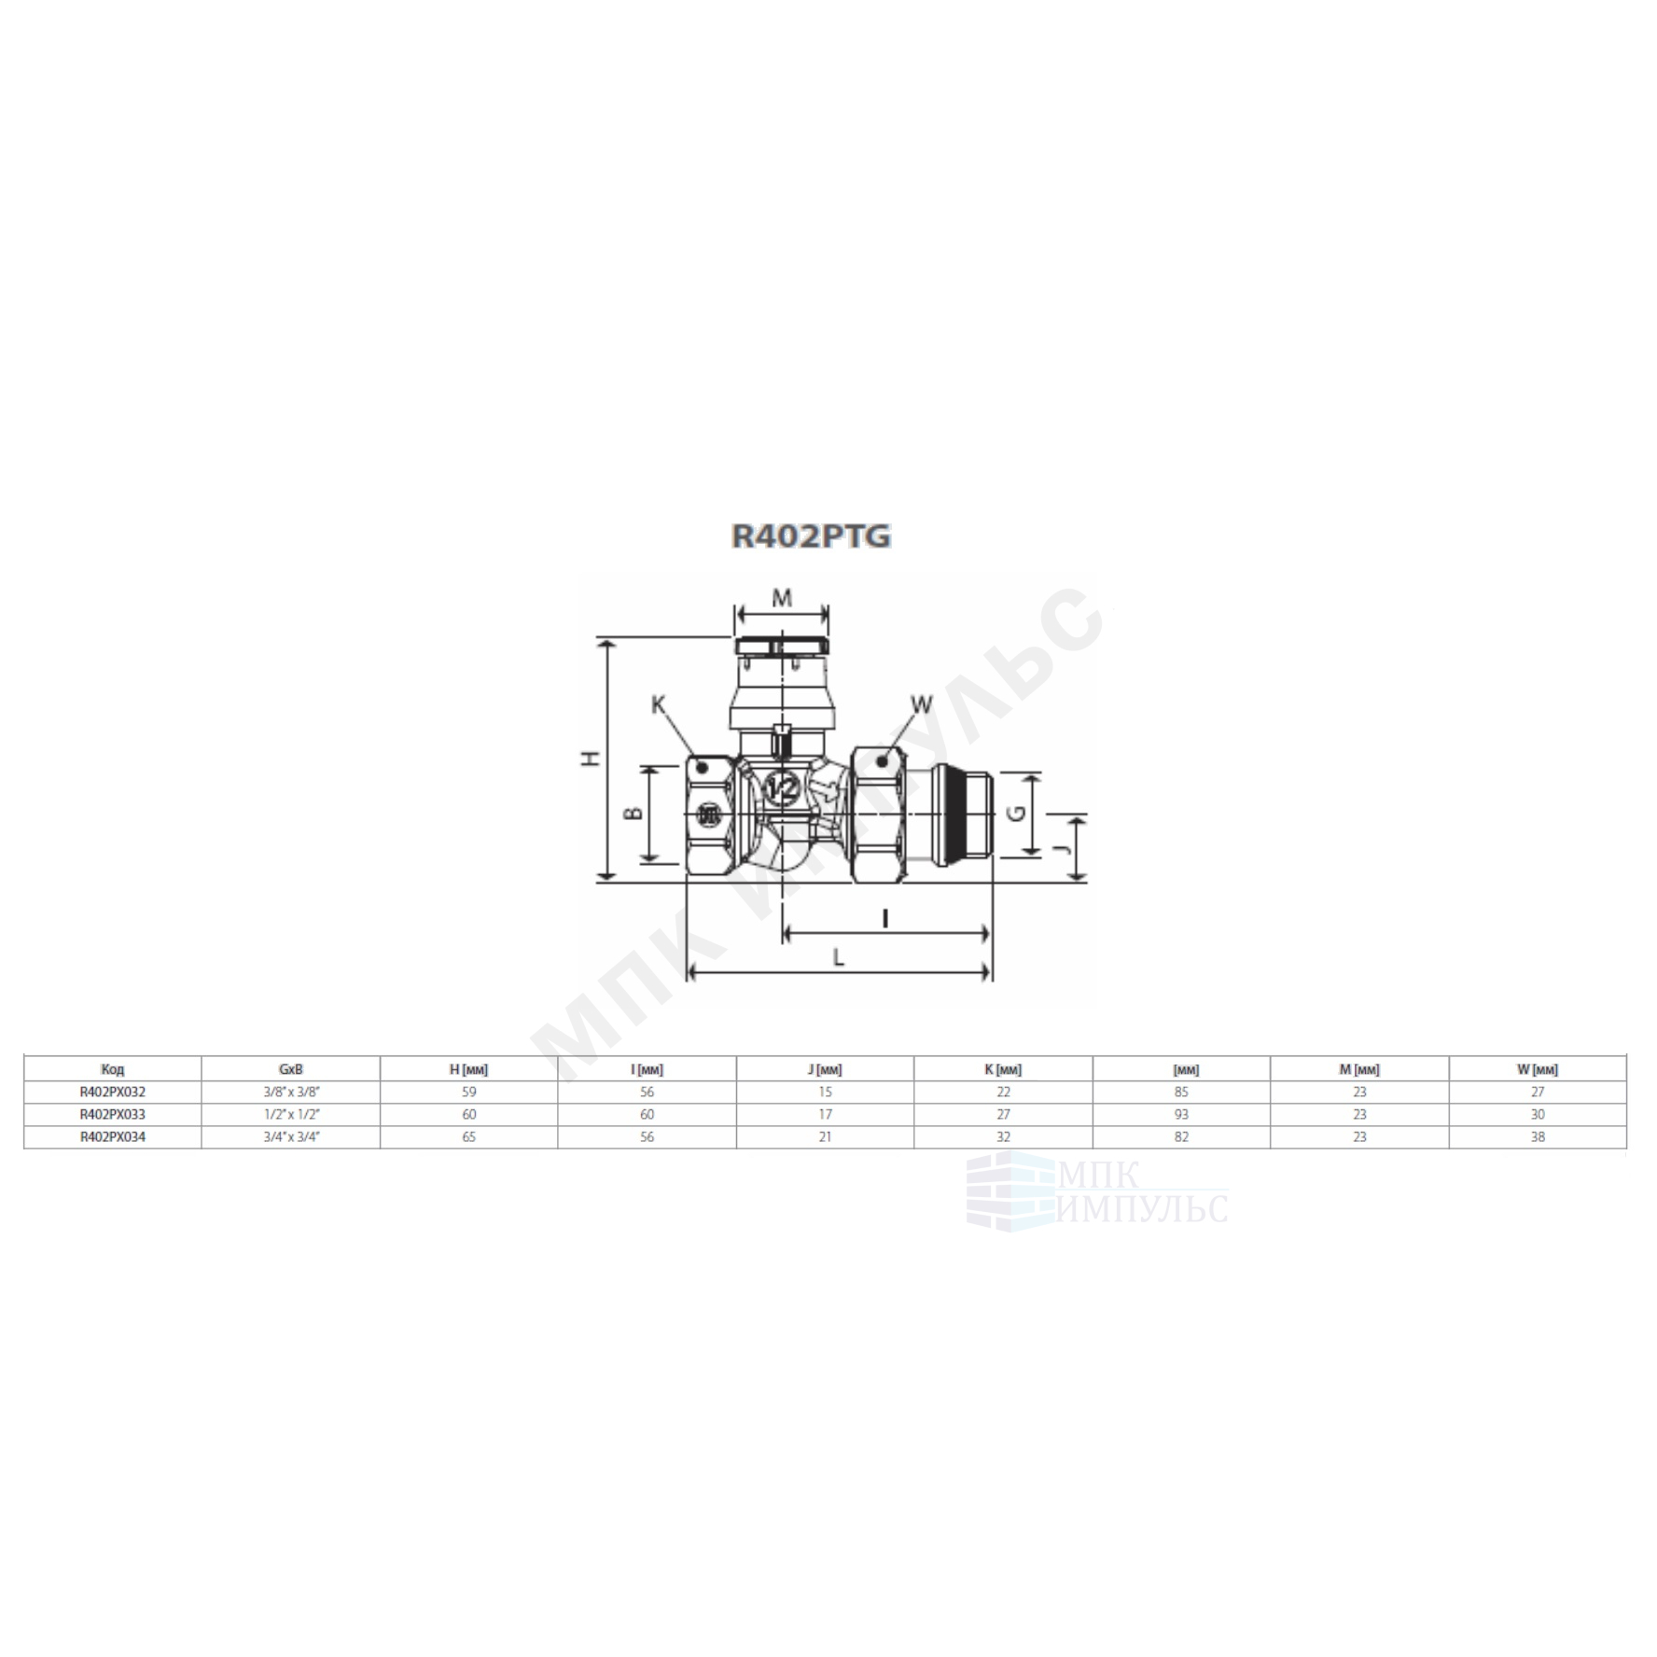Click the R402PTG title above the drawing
pyautogui.click(x=811, y=536)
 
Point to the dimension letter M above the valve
pyautogui.click(x=783, y=598)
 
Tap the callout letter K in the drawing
pyautogui.click(x=660, y=705)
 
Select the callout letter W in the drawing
pyautogui.click(x=921, y=704)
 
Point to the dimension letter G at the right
pyautogui.click(x=1017, y=813)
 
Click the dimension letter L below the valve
pyautogui.click(x=839, y=957)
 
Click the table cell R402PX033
pyautogui.click(x=113, y=1114)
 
